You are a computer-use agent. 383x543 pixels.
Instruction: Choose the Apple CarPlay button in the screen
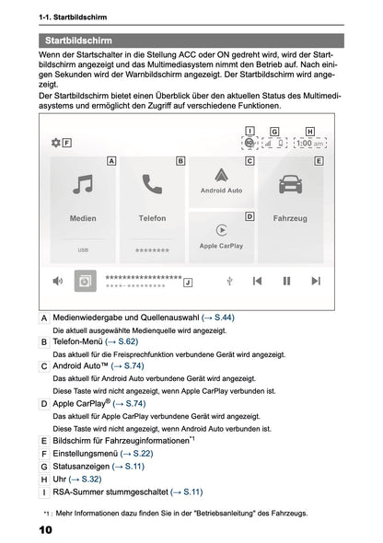221,236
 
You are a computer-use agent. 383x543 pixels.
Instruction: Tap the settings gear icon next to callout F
55,143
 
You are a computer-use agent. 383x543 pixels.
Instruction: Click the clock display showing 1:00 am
309,143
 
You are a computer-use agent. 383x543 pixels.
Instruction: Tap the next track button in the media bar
316,281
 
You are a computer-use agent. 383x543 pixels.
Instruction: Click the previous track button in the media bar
258,281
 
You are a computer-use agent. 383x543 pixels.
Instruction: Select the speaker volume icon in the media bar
57,281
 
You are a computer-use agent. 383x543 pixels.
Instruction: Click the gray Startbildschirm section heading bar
191,40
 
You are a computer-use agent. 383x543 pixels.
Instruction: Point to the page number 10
46,531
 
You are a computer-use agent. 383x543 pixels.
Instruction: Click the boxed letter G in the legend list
45,467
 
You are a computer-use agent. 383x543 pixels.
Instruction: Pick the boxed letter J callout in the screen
188,282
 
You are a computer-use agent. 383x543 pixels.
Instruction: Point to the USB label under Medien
83,249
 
